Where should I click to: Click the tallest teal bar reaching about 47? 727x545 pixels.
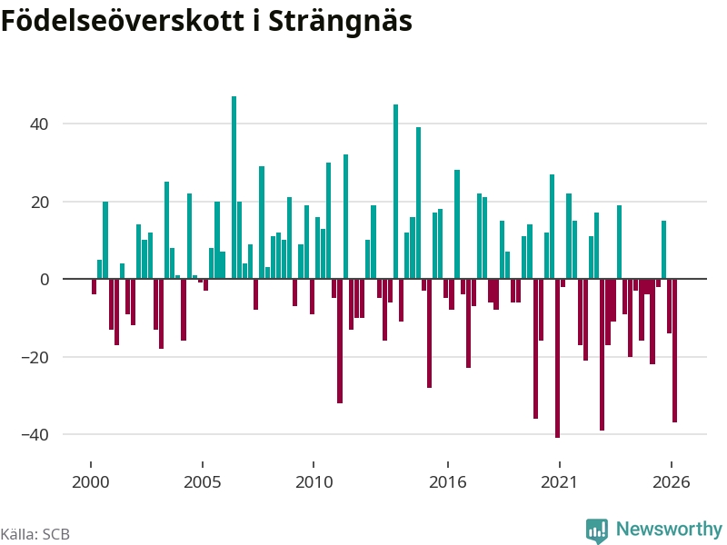pos(234,187)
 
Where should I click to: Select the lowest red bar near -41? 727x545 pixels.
pos(557,358)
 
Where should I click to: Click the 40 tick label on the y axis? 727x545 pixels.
pos(39,124)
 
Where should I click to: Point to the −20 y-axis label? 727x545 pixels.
pos(35,357)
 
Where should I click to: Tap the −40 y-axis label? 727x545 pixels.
pos(35,435)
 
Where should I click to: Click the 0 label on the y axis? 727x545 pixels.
pos(45,280)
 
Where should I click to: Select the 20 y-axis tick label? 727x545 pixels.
pos(39,202)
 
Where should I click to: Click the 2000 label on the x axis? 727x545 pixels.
pos(90,482)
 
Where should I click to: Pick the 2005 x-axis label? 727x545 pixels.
pos(202,482)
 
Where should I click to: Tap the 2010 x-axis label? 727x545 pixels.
pos(314,482)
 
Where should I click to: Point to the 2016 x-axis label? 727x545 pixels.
pos(447,482)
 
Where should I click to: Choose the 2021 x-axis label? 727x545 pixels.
pos(559,482)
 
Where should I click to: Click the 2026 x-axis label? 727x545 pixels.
pos(671,482)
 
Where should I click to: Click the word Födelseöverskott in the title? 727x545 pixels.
pos(123,20)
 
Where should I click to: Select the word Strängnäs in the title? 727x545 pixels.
pos(340,21)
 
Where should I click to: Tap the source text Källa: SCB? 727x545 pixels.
pos(35,534)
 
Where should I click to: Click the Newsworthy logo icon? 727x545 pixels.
pos(597,530)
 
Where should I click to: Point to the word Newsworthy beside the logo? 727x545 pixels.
pos(669,529)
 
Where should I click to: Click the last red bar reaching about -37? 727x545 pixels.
pos(674,351)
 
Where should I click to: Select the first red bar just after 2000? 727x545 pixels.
pos(94,286)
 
